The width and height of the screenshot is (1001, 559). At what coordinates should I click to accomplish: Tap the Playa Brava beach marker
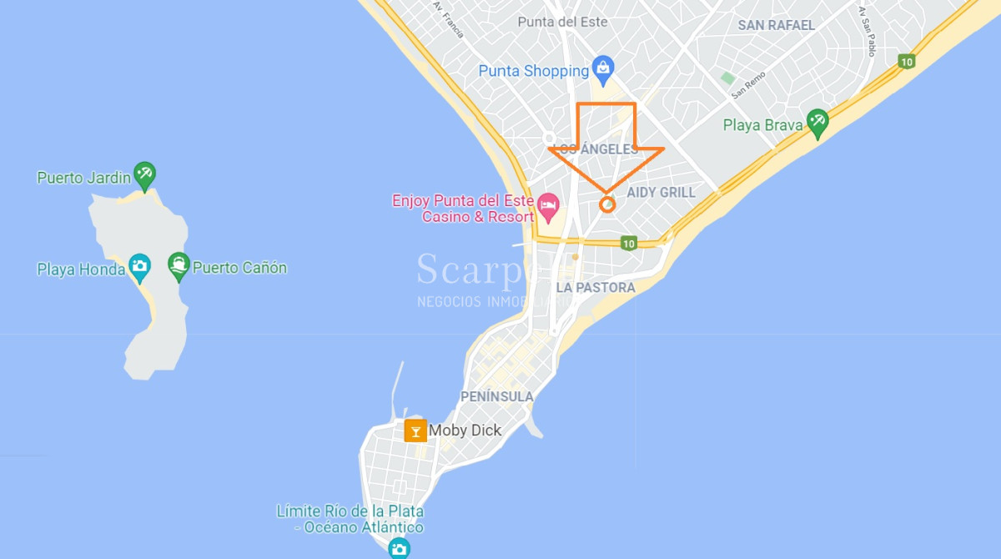(817, 123)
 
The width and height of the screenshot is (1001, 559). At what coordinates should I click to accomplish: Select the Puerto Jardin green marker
(145, 175)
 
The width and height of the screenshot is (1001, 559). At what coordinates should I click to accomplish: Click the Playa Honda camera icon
(139, 267)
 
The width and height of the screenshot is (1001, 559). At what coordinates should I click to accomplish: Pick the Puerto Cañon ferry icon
(179, 267)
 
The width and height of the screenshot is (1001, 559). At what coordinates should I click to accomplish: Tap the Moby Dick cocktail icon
(415, 431)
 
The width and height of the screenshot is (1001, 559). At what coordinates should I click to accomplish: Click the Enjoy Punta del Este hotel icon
(548, 205)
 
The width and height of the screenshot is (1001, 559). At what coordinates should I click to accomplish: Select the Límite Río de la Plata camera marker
(400, 547)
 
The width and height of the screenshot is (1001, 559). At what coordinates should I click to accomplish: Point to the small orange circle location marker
(608, 204)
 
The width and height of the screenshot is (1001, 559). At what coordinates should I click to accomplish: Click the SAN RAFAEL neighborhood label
(776, 26)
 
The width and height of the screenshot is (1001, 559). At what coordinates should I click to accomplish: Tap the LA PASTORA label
(596, 288)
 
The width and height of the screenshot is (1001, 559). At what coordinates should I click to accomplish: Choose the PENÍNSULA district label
(497, 397)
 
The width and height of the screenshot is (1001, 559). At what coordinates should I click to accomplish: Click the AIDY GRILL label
(661, 193)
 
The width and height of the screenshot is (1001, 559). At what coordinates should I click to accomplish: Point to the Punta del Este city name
(562, 22)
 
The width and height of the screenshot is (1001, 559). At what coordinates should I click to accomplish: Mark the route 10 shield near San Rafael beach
(906, 61)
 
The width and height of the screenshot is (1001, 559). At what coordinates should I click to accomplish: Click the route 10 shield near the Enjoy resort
(628, 244)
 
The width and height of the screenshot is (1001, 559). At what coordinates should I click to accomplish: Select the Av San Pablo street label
(867, 32)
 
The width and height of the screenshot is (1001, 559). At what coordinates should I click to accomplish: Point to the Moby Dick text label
(465, 431)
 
